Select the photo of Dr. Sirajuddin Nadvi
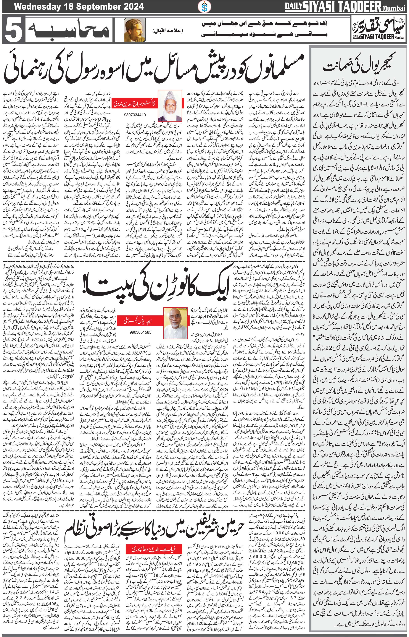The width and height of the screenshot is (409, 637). [x=170, y=105]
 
